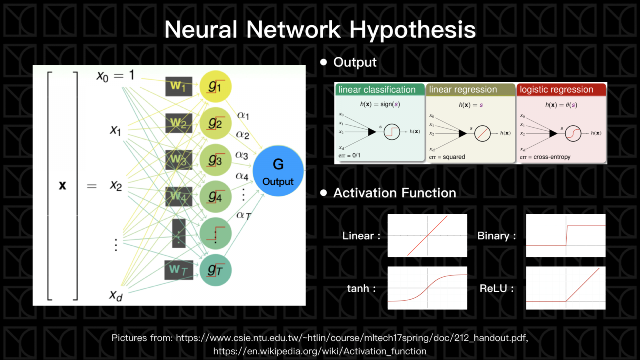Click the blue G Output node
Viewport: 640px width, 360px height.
(278, 171)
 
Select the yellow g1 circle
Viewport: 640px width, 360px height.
(215, 86)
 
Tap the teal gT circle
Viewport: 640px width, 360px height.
(215, 270)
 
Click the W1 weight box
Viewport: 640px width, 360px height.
(178, 86)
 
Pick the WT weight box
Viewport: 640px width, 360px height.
(178, 270)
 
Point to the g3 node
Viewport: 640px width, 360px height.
(215, 160)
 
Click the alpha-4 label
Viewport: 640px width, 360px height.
(242, 176)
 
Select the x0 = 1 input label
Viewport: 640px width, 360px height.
(115, 76)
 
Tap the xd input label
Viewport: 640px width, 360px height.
(116, 296)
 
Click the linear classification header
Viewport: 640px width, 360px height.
(377, 90)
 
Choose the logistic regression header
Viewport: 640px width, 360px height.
(556, 90)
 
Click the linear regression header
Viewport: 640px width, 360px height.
(463, 90)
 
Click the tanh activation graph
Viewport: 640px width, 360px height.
(427, 288)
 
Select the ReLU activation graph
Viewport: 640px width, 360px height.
(566, 288)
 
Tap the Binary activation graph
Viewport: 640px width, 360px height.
(566, 235)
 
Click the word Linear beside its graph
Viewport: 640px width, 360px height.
(358, 236)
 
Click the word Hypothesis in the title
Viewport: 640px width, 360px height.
(412, 30)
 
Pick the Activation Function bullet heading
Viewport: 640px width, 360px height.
(394, 193)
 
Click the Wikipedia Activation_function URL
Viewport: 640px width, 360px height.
(320, 351)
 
